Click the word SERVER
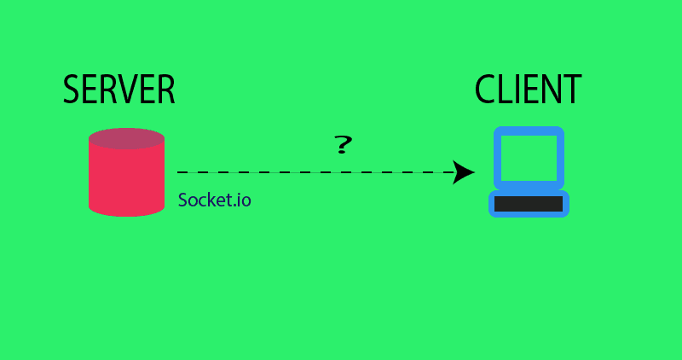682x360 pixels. click(119, 90)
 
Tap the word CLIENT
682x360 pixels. click(529, 90)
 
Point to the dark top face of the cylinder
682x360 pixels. click(126, 138)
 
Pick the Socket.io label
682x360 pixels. click(215, 200)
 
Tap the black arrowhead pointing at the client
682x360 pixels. click(464, 172)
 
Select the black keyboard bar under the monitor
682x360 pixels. click(529, 203)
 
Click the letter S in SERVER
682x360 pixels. click(72, 90)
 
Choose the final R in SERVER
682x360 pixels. click(165, 90)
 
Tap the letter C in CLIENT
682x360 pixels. click(485, 90)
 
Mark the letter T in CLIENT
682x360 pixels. click(572, 90)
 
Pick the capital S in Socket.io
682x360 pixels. click(183, 200)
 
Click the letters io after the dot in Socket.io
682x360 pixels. click(245, 200)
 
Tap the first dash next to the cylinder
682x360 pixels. click(182, 172)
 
